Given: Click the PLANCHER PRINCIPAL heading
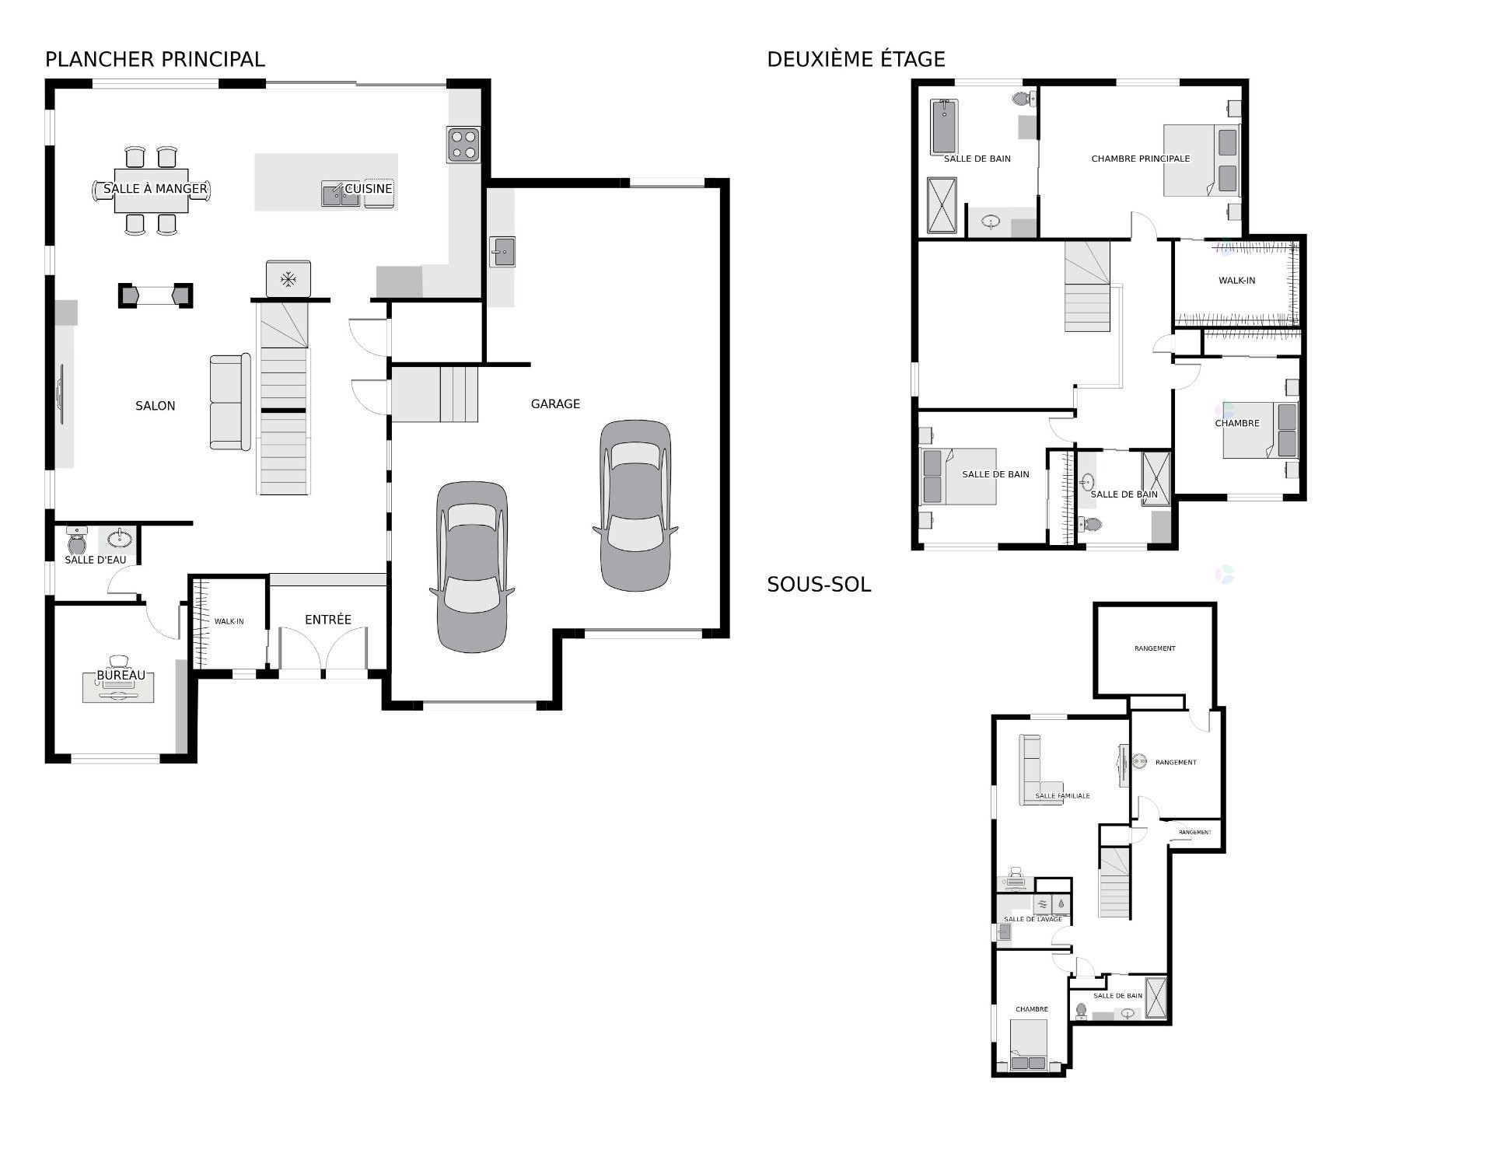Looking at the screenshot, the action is click(155, 59).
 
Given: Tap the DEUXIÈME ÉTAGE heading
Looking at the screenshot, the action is click(856, 59).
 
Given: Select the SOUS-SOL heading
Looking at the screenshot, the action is click(819, 585).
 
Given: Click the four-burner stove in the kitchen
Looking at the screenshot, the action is click(463, 145).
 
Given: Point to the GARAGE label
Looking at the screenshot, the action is click(555, 404).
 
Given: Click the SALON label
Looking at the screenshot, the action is click(156, 406).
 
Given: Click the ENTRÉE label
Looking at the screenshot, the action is click(328, 620).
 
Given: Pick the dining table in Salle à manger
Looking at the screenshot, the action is click(152, 190).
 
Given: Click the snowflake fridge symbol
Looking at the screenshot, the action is click(288, 278).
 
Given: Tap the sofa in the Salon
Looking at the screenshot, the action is click(230, 402).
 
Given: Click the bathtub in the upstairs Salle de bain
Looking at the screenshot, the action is click(944, 127).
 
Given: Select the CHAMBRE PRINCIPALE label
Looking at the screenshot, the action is click(1141, 159).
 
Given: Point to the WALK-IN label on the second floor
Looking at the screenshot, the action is click(1236, 281).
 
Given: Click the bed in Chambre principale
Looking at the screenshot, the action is click(1201, 161).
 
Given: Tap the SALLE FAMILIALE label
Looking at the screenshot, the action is click(1062, 796).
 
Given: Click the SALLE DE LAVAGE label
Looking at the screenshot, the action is click(1033, 919).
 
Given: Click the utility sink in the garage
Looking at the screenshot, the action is click(502, 252).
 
